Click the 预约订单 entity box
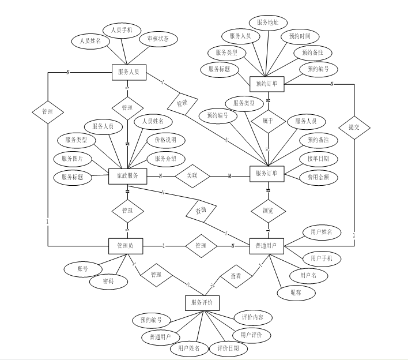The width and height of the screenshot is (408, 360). coord(267,84)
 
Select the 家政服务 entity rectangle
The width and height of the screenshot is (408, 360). coord(127,175)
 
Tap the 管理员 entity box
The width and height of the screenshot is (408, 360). coord(126,246)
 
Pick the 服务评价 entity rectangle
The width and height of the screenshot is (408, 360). coord(202,302)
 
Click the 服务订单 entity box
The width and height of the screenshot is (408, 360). coord(266,173)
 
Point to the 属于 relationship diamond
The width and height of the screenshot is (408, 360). coord(267,122)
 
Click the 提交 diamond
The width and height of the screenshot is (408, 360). coord(354,127)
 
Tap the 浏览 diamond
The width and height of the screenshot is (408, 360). coord(267,211)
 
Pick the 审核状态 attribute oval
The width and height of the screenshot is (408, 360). coord(158,39)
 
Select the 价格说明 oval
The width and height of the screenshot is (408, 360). coord(166,140)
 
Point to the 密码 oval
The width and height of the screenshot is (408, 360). coord(108,282)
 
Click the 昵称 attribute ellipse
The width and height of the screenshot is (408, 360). coord(304,293)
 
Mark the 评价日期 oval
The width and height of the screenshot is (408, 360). coord(228,348)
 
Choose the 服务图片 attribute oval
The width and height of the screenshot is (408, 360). coord(72,159)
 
